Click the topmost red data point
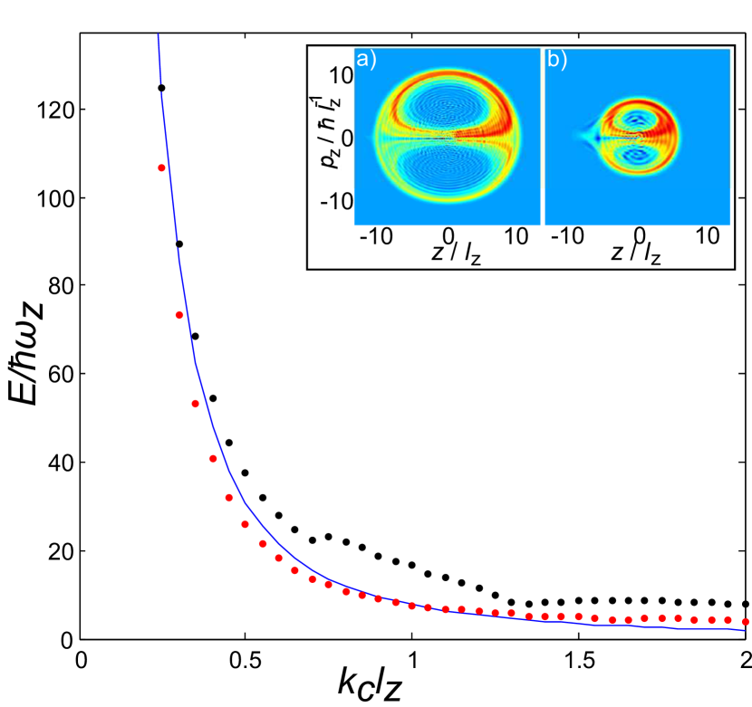161,167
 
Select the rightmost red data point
746,621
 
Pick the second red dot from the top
179,315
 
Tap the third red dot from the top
195,404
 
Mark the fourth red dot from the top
214,458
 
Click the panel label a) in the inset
367,62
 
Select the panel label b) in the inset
555,62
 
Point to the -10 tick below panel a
376,236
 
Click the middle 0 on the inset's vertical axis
346,139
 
